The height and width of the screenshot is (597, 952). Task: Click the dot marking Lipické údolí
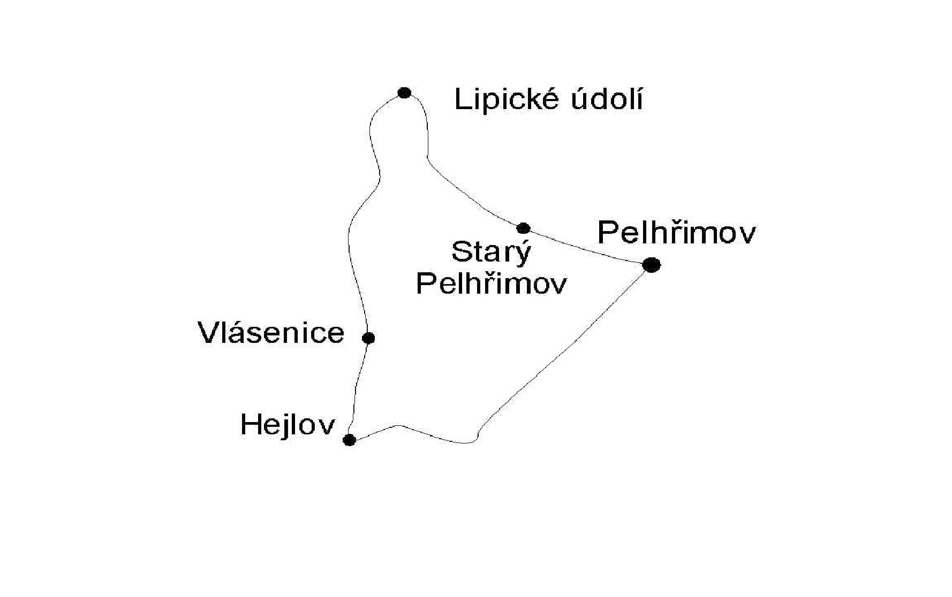click(x=404, y=93)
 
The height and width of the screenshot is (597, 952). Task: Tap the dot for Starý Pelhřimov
click(x=523, y=228)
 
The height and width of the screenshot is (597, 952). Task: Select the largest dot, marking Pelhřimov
click(x=651, y=265)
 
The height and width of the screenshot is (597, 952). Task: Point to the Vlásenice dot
click(x=368, y=338)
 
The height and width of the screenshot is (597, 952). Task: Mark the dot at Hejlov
click(x=349, y=440)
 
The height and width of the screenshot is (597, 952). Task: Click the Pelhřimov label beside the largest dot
click(x=677, y=233)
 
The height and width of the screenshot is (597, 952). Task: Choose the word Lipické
click(x=508, y=99)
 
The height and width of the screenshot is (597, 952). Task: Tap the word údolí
click(x=607, y=99)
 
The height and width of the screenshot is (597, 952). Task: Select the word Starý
click(x=491, y=252)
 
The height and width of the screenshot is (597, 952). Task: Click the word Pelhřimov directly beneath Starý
click(x=491, y=283)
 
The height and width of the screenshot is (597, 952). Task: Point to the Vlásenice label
click(x=271, y=333)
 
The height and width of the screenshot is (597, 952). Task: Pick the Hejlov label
click(x=288, y=426)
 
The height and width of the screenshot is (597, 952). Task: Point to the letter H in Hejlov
click(x=250, y=425)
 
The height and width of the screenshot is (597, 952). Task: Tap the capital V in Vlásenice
click(x=209, y=333)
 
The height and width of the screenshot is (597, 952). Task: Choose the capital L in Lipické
click(x=462, y=99)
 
